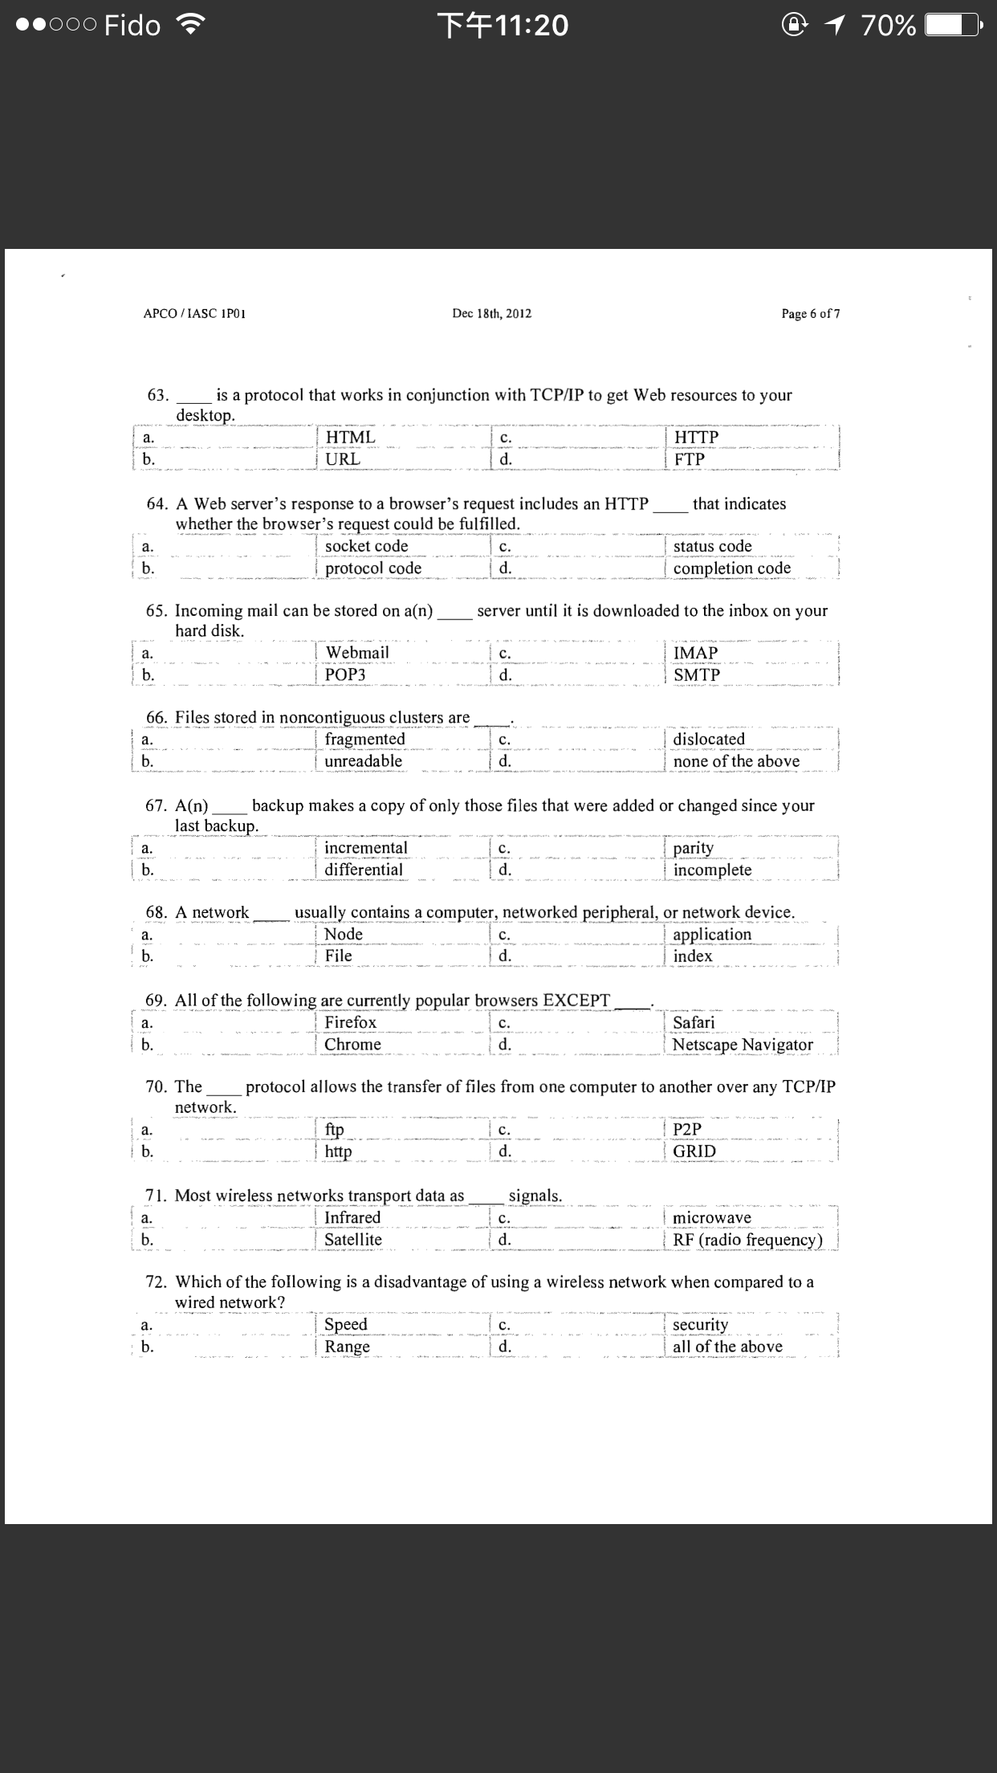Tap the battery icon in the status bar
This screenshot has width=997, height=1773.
(952, 26)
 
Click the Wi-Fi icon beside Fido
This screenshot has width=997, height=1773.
(190, 26)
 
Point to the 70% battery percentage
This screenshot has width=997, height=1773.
(888, 26)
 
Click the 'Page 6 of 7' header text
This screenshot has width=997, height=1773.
(811, 313)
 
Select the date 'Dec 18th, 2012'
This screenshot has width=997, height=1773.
(491, 313)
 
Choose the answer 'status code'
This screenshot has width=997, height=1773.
(712, 546)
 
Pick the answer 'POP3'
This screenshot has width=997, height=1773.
(345, 675)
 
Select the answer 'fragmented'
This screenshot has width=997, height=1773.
(364, 739)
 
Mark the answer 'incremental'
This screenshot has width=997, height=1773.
(365, 848)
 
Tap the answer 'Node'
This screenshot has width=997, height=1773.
(343, 934)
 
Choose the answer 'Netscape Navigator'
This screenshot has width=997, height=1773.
(743, 1044)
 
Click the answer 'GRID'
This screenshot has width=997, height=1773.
(694, 1151)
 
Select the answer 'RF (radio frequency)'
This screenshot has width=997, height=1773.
(747, 1240)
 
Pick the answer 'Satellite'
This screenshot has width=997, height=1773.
(352, 1240)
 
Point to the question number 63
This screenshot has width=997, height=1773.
(158, 395)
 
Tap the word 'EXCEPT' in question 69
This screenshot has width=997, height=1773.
(576, 1001)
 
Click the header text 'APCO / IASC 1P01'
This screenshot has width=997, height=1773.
(194, 313)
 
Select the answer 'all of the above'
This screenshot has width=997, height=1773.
(727, 1347)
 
